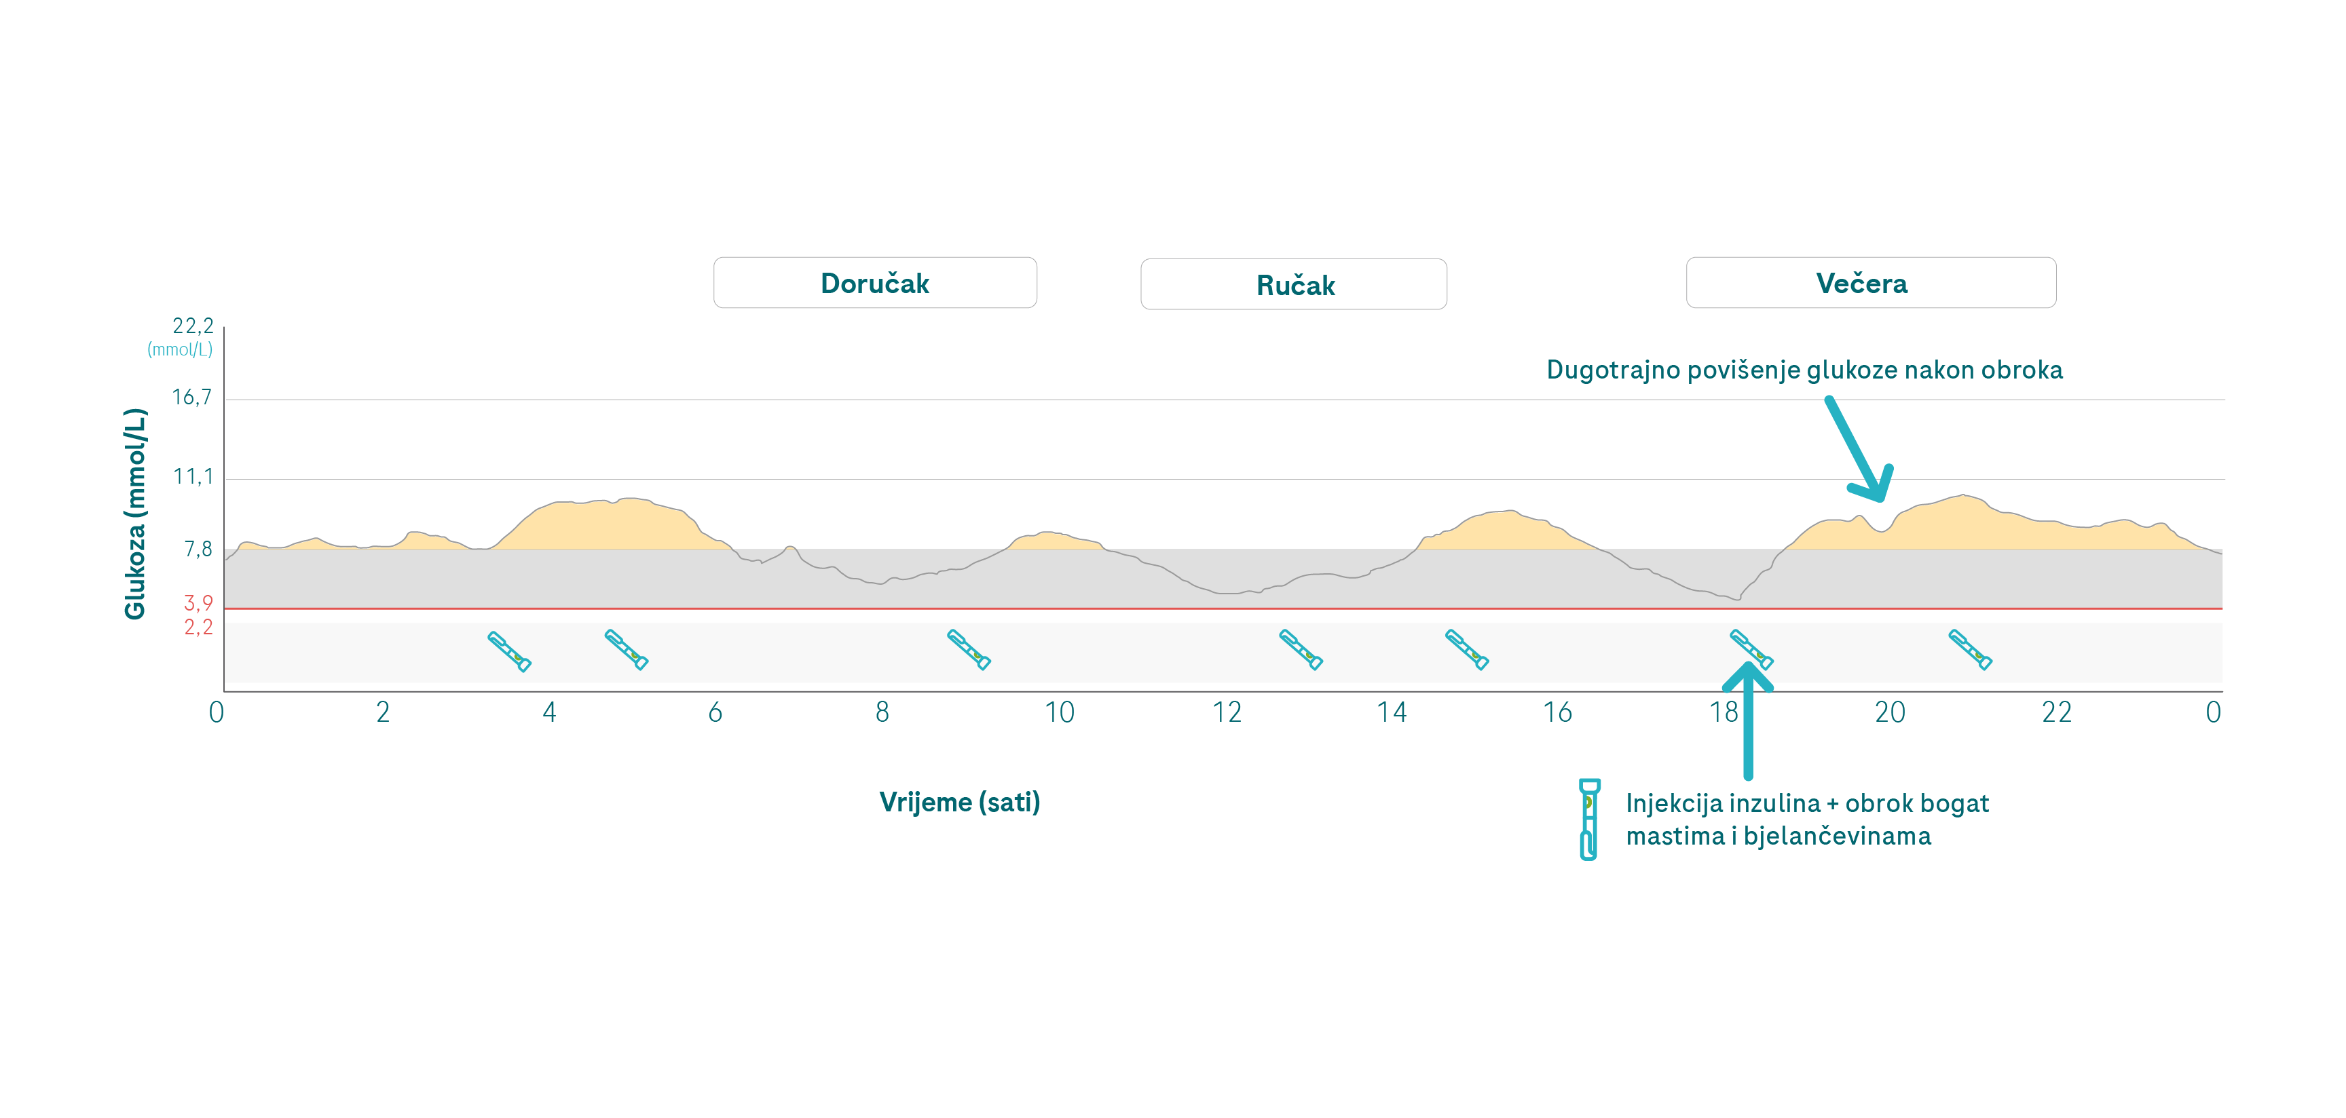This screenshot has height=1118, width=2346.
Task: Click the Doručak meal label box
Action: click(874, 283)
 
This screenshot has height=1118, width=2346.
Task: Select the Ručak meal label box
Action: click(1293, 285)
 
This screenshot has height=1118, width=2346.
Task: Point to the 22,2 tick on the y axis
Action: click(193, 326)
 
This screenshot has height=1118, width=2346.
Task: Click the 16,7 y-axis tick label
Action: click(192, 397)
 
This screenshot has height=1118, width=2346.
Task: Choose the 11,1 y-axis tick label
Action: click(193, 476)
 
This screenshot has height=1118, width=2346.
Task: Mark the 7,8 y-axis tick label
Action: click(198, 549)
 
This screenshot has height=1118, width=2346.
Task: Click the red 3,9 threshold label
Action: click(198, 602)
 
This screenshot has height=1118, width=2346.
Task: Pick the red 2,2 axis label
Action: click(198, 628)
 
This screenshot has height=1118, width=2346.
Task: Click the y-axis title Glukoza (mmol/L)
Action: click(135, 514)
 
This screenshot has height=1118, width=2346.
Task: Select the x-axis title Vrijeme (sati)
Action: click(959, 802)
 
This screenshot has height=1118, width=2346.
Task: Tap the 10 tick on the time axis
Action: click(1059, 712)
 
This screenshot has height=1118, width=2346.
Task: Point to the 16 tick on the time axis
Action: click(1557, 712)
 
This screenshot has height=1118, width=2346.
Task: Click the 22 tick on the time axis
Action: click(2056, 712)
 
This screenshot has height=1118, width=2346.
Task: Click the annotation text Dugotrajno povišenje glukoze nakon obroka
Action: click(1804, 370)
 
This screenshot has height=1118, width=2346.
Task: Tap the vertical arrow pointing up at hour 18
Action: click(1748, 719)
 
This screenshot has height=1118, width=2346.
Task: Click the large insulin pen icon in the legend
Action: click(1588, 818)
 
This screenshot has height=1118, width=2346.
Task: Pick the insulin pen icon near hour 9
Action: click(968, 650)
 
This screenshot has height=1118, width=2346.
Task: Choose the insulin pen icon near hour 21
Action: click(1970, 650)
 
